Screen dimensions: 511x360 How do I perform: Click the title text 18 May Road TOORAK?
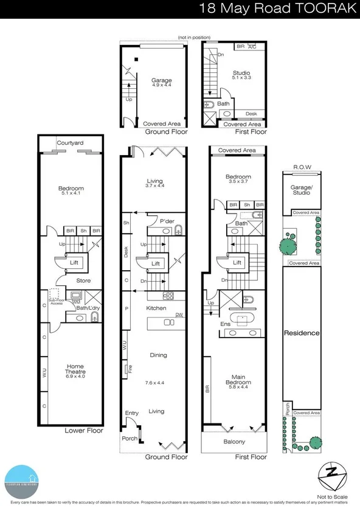pyautogui.click(x=276, y=9)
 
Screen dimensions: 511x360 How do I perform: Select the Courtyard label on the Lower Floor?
pyautogui.click(x=70, y=143)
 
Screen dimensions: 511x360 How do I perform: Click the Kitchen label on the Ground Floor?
pyautogui.click(x=156, y=308)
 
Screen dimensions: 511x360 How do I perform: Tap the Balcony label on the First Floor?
pyautogui.click(x=235, y=442)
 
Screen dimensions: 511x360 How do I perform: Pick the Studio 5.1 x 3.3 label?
pyautogui.click(x=241, y=75)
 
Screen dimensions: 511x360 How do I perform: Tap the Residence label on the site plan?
pyautogui.click(x=302, y=333)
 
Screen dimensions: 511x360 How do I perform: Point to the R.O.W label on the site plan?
pyautogui.click(x=302, y=166)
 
